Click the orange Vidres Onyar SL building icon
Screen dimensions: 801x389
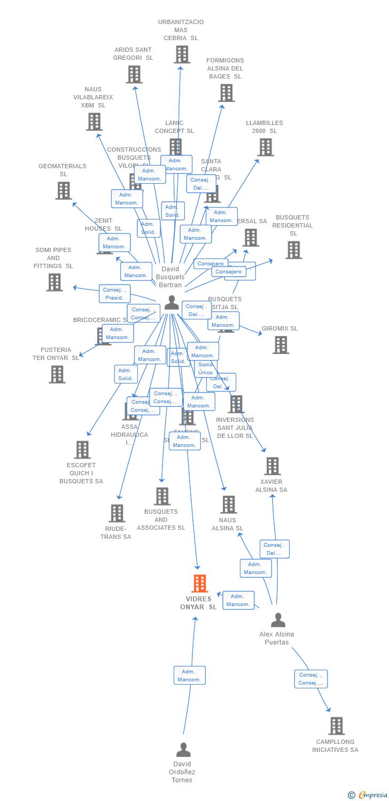200,583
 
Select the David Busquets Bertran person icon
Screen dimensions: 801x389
172,302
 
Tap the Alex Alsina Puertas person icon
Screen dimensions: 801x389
278,620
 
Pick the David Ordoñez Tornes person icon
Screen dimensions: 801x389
183,750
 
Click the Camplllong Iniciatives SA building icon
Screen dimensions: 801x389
336,726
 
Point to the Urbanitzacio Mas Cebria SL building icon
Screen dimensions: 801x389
182,54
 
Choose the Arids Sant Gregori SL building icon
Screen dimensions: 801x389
134,74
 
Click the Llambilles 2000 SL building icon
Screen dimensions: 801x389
266,147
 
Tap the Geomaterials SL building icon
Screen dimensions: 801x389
64,190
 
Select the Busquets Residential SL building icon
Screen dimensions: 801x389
293,250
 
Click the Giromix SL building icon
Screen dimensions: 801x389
281,344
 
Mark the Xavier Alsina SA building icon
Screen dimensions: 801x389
273,466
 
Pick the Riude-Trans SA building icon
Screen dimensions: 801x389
116,513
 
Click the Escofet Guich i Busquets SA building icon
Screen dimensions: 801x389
82,450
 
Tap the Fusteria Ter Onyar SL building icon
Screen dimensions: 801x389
57,374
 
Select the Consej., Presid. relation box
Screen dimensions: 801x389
114,294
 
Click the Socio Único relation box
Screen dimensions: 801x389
205,368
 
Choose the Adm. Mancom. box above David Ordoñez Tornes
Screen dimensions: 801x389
189,676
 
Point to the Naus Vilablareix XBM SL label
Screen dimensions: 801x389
93,97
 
